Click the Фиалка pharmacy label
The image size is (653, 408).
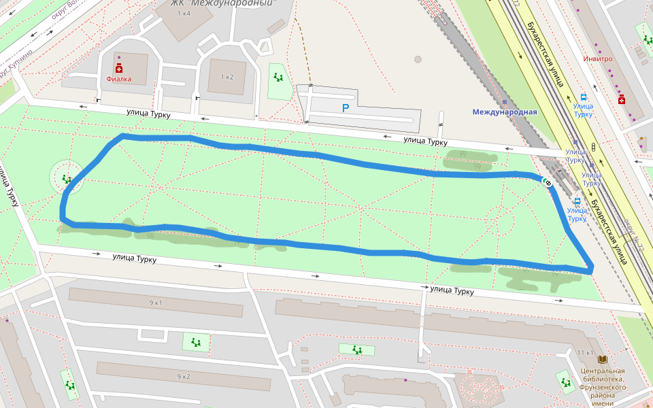coord(119,80)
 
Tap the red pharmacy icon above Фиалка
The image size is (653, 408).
coord(119,69)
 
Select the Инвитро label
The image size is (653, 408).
coord(597,58)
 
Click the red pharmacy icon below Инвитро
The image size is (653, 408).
coord(621,100)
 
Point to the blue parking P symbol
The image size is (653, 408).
coord(346,108)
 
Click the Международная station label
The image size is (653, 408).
coord(505,112)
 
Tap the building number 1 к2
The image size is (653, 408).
coord(227,77)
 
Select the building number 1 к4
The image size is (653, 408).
coord(184,14)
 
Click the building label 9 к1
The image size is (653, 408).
coord(156,302)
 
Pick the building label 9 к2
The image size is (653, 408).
coord(184,376)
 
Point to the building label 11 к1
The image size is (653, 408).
coord(585,353)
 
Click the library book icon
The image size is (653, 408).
coord(602,358)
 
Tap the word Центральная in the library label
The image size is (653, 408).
coord(603,371)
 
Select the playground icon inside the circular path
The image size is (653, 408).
coord(67,179)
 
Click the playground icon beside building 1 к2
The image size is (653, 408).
coord(278,77)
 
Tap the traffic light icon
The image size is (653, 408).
coord(594,147)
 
